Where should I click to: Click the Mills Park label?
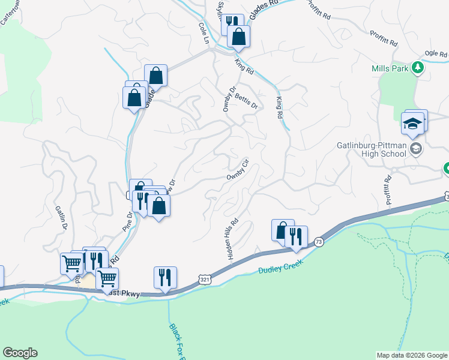(390, 68)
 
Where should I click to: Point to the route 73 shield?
(319, 241)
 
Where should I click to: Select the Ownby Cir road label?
(238, 170)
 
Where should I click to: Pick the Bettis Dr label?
(246, 101)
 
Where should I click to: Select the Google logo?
(20, 353)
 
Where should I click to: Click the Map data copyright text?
(411, 355)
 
